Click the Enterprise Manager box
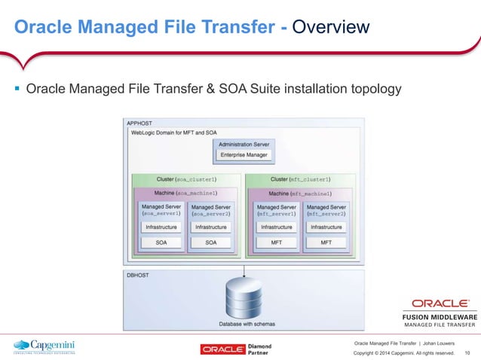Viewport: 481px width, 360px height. click(x=242, y=155)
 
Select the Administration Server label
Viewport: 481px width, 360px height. click(x=242, y=144)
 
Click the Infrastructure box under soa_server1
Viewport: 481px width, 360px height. click(x=161, y=227)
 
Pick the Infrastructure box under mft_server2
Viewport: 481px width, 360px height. click(x=326, y=227)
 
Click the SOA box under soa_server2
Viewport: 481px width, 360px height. click(x=211, y=243)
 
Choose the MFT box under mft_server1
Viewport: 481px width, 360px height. click(x=277, y=243)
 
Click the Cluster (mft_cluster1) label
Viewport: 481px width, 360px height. click(x=301, y=180)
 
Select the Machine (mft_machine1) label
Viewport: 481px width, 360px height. click(x=301, y=193)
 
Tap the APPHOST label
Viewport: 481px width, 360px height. click(x=139, y=123)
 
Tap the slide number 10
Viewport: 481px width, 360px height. click(x=467, y=352)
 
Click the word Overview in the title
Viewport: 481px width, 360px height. click(x=331, y=28)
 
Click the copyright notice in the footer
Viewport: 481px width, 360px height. click(x=404, y=352)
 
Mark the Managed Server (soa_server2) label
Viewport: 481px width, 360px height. click(x=211, y=209)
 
